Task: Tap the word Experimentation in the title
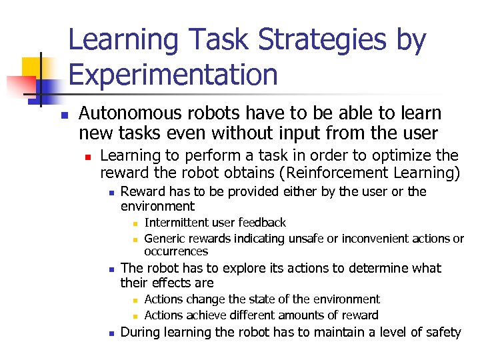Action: (173, 74)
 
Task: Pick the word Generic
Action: (165, 239)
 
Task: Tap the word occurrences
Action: (176, 251)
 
